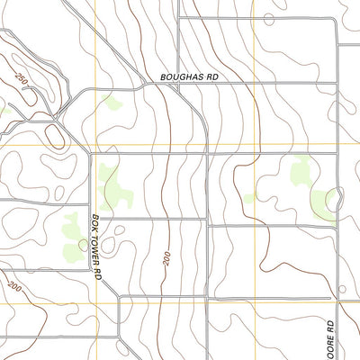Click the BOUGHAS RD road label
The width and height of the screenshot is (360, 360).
pyautogui.click(x=190, y=78)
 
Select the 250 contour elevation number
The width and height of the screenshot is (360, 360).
pyautogui.click(x=22, y=81)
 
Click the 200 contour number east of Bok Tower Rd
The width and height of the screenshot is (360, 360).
pyautogui.click(x=167, y=257)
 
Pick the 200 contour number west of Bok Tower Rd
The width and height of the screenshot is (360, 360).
pyautogui.click(x=14, y=286)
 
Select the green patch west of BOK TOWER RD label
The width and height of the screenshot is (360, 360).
pyautogui.click(x=74, y=232)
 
